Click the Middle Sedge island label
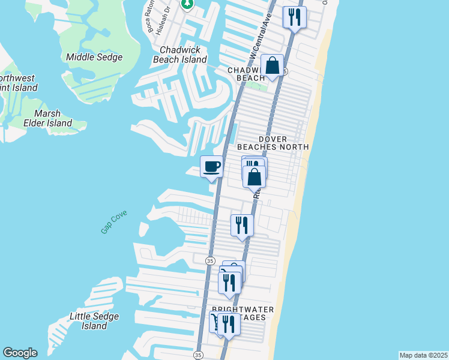pos(94,58)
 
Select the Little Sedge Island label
pos(94,321)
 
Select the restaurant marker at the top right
pos(294,17)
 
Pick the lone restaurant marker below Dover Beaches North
pos(242,226)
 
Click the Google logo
pos(20,353)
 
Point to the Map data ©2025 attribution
pos(423,355)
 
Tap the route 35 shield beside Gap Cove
pos(210,260)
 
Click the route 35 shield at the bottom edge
pos(199,355)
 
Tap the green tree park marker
pos(187,4)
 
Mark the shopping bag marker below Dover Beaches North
pos(255,177)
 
